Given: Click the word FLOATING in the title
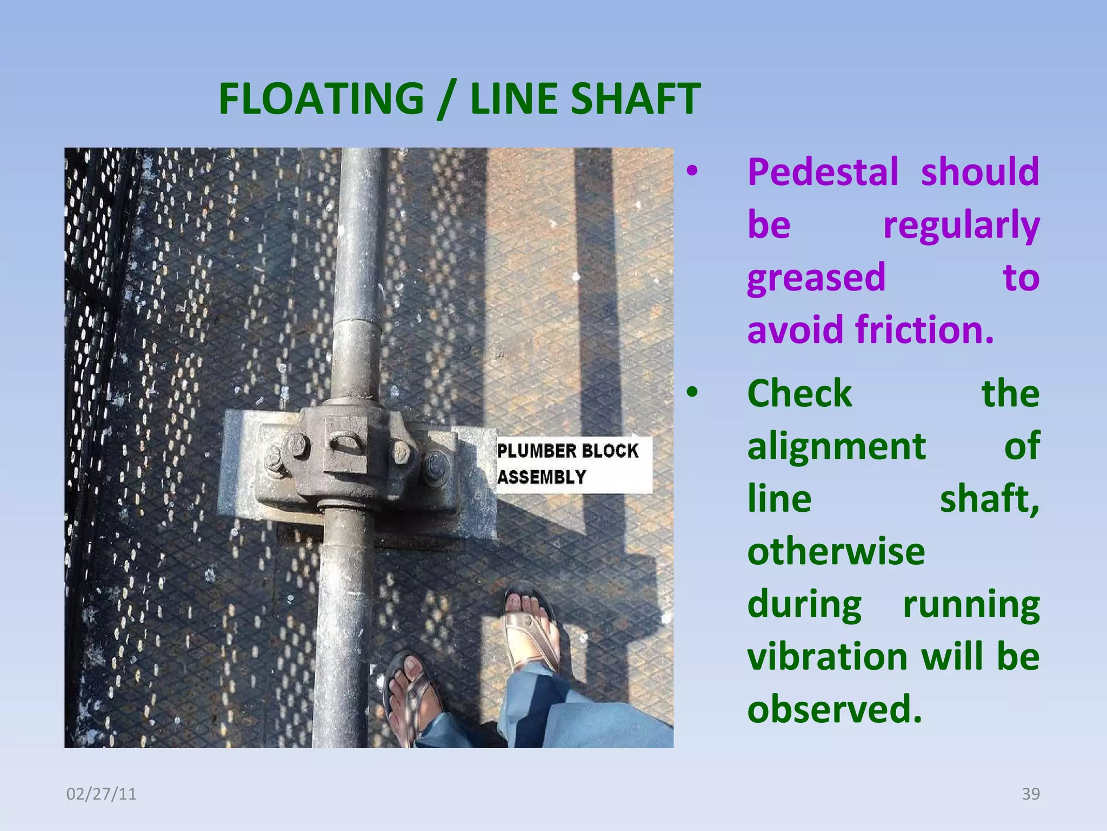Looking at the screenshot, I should (x=321, y=98).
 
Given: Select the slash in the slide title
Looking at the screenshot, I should (x=446, y=100).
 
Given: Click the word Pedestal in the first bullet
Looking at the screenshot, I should (x=823, y=172).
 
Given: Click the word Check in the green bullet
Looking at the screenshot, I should (x=799, y=393).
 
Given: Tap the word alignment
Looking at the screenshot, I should (x=836, y=447).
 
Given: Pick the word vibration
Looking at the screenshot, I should (x=827, y=657).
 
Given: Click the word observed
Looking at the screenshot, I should (x=834, y=709).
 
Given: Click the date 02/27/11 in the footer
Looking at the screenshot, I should (x=101, y=794).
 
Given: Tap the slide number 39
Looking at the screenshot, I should (x=1031, y=794).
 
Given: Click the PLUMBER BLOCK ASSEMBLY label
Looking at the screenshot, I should (x=573, y=464).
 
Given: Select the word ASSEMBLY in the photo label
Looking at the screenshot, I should (x=542, y=477).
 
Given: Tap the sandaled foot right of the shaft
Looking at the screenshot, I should (x=530, y=628).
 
